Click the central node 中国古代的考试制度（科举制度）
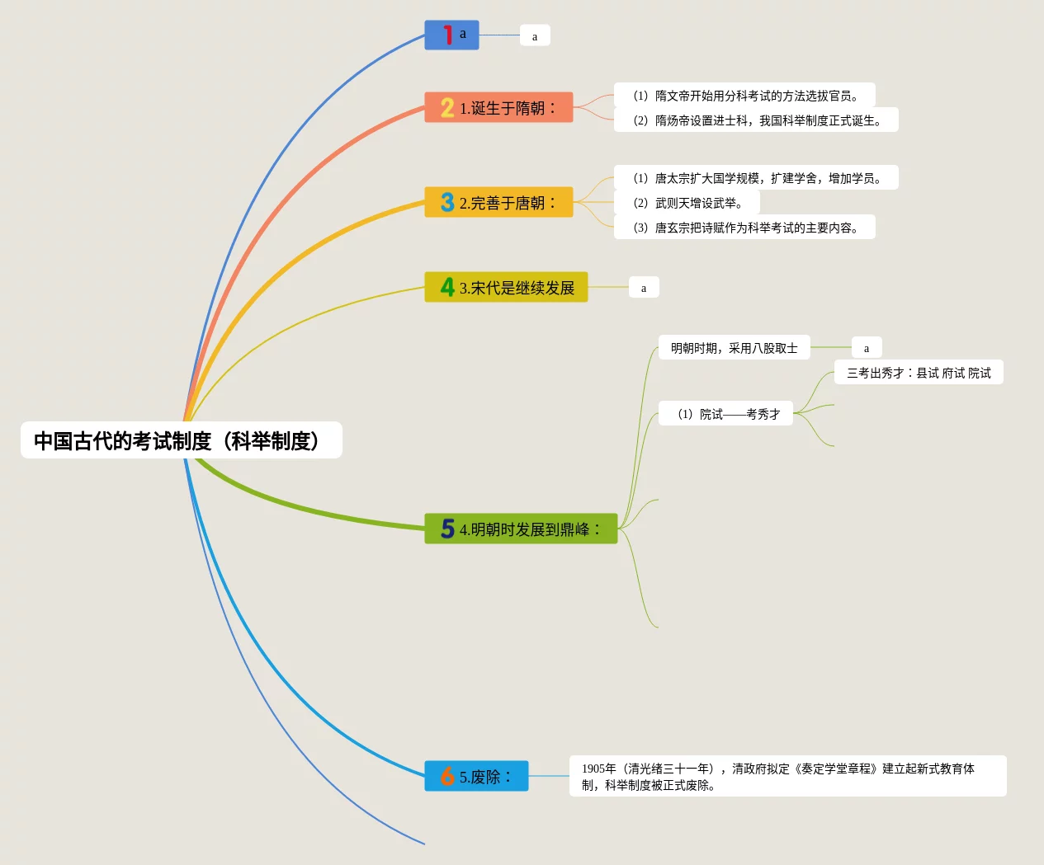pos(181,440)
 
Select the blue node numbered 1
pos(451,35)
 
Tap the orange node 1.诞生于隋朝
pos(498,107)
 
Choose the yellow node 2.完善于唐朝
pos(498,202)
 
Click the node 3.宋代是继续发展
pos(506,287)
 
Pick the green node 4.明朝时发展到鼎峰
pos(521,529)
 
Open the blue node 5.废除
pos(476,776)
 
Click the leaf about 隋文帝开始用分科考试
pos(744,95)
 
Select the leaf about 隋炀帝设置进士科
pos(756,120)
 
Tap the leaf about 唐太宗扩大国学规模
pos(756,177)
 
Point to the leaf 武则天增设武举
pos(687,202)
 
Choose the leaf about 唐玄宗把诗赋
pos(744,227)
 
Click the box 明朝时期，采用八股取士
pos(734,347)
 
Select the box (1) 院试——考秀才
pos(726,413)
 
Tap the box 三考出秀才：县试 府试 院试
pos(919,372)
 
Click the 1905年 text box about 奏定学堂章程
pos(787,776)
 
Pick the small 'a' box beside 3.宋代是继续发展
pos(644,287)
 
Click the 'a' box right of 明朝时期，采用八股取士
pos(867,347)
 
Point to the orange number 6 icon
pos(447,776)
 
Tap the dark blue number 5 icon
pos(447,529)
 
